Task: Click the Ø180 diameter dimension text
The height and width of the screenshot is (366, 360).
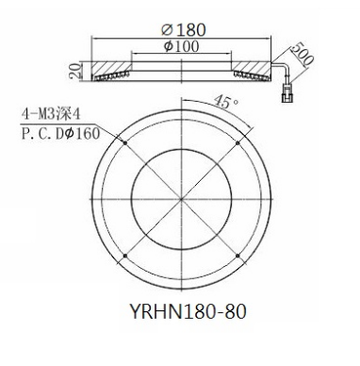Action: (x=184, y=29)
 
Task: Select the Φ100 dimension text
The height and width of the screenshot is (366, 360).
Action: (x=182, y=46)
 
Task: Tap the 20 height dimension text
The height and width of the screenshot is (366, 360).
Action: (x=74, y=71)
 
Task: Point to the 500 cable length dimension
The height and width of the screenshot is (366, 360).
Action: (x=302, y=54)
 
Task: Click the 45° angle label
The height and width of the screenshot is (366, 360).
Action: (x=226, y=102)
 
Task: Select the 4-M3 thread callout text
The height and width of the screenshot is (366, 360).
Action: (x=51, y=114)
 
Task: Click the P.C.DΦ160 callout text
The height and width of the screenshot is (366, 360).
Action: (x=60, y=134)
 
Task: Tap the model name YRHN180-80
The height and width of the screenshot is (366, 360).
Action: (x=188, y=311)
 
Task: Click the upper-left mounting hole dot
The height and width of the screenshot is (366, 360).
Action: (x=125, y=142)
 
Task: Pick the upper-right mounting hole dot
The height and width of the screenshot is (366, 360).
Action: (x=237, y=143)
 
